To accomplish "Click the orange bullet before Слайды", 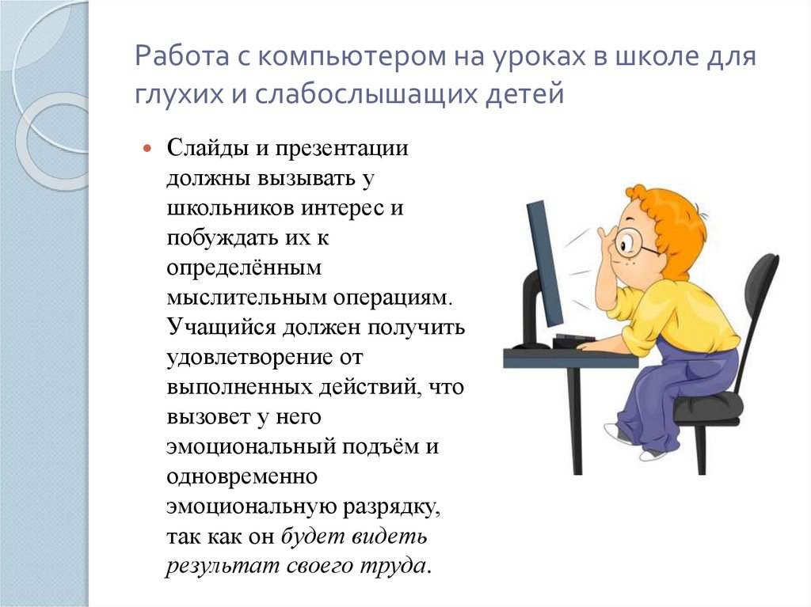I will (147, 148).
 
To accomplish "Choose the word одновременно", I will (242, 476).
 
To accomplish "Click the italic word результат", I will (211, 566).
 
